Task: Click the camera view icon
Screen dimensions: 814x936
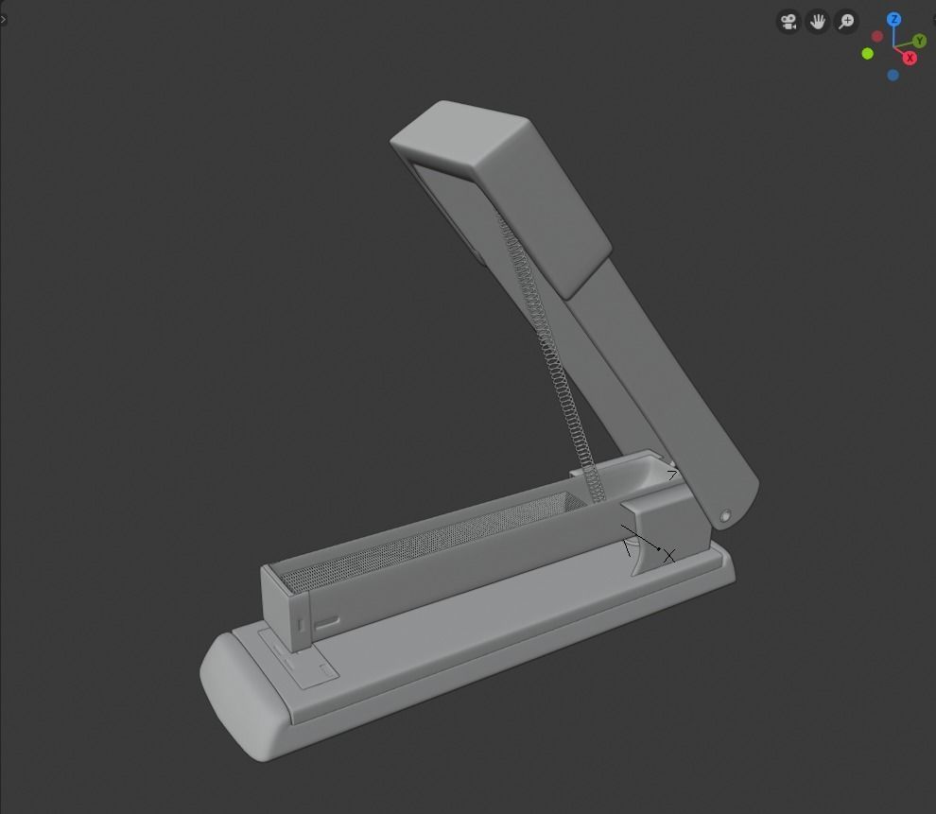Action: coord(789,21)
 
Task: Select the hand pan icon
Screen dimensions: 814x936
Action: coord(818,21)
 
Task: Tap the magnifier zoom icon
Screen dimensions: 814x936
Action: coord(847,21)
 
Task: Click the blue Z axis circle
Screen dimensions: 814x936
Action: coord(893,19)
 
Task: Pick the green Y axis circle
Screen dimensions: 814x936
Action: coord(920,42)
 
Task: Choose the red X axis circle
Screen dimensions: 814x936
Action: coord(910,58)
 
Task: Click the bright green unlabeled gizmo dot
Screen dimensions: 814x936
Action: coord(868,54)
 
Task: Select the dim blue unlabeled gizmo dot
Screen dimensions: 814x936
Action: coord(893,75)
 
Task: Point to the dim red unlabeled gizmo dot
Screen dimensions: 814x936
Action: coord(877,37)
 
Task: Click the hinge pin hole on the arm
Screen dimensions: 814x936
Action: coord(725,516)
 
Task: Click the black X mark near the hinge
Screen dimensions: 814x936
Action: coord(669,556)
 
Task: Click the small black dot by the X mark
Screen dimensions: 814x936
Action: coord(659,548)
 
